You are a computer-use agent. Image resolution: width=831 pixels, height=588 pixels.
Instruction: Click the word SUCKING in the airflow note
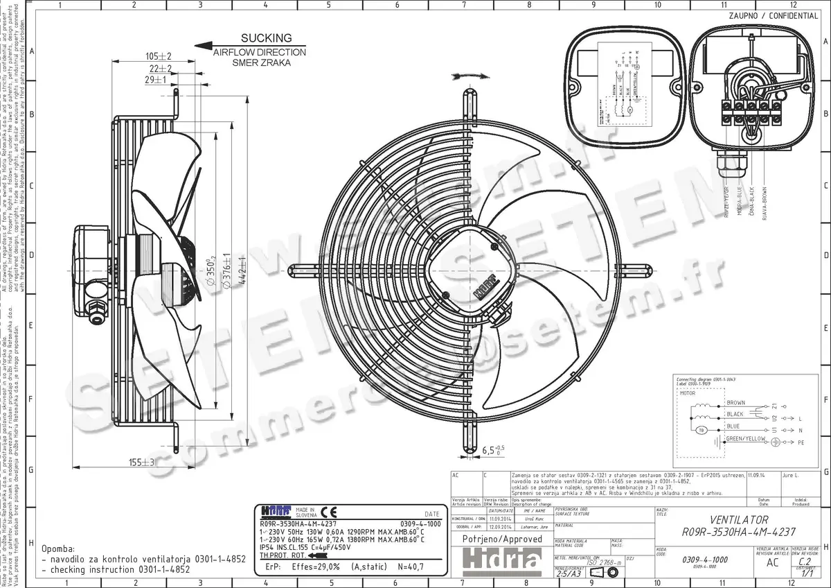click(x=266, y=39)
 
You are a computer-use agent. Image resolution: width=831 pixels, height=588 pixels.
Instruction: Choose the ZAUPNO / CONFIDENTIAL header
click(x=773, y=16)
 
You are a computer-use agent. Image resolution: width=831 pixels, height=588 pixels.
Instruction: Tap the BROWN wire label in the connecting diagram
click(x=735, y=403)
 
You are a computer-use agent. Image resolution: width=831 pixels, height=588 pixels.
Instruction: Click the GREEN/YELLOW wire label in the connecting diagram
click(x=747, y=439)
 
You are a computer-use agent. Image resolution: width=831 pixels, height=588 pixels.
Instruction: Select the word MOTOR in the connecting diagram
click(x=688, y=393)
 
